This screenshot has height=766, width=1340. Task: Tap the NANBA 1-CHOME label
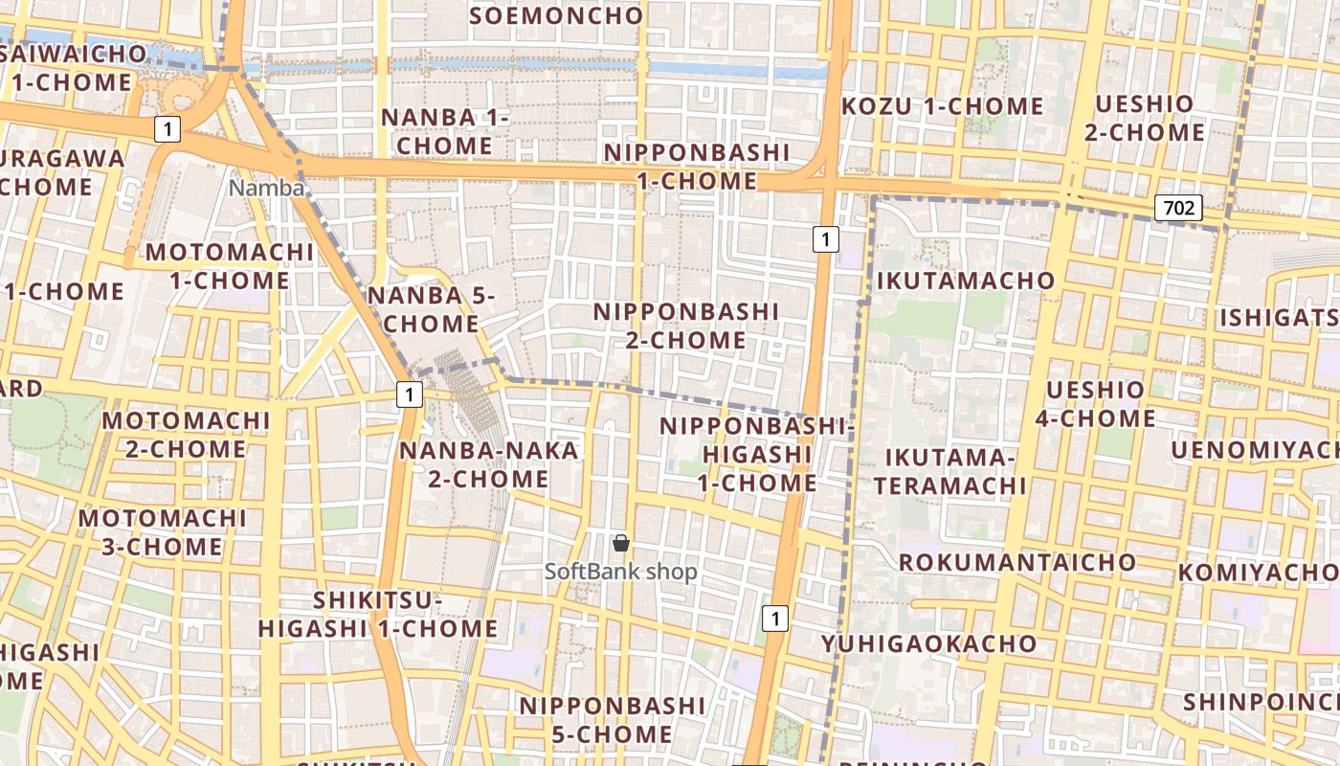click(x=445, y=131)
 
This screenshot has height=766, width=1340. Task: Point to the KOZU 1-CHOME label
click(x=942, y=106)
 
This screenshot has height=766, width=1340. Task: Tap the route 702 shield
click(x=1177, y=207)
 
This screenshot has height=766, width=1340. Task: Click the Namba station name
click(x=266, y=189)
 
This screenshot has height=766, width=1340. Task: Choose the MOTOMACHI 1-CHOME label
click(x=230, y=266)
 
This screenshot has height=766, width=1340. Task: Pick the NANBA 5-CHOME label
click(x=431, y=309)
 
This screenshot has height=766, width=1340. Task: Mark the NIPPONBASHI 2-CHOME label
click(x=686, y=326)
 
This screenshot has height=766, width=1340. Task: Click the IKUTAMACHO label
click(x=965, y=281)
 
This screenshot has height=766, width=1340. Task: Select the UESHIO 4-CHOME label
click(x=1095, y=404)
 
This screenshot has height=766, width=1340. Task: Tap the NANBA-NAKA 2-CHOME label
click(x=488, y=464)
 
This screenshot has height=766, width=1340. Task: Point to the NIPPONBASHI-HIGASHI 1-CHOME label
click(x=756, y=454)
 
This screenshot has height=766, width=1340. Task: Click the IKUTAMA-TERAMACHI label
click(x=949, y=471)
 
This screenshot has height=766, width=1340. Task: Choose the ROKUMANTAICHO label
click(x=1017, y=561)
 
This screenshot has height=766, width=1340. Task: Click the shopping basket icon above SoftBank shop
click(x=621, y=544)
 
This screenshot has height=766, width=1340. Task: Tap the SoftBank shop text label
click(x=621, y=572)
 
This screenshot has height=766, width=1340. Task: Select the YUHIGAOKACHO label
click(x=928, y=642)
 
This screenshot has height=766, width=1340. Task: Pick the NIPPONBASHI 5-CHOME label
click(x=613, y=720)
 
